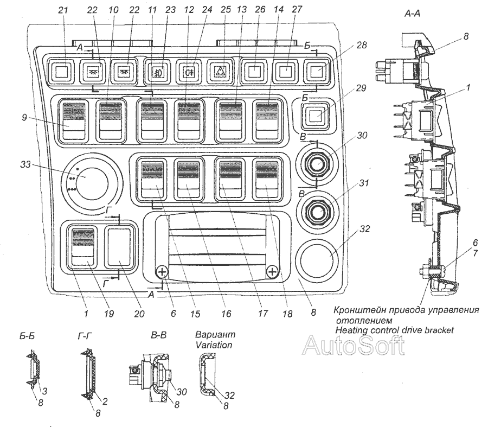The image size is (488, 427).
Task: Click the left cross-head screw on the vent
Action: click(162, 271)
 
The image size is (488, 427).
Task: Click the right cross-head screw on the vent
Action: click(272, 271)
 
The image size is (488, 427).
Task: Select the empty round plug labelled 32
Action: click(315, 256)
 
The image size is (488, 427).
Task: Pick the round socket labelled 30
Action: click(315, 163)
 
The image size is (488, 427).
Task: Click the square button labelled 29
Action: click(314, 116)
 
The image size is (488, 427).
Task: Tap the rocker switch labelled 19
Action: click(82, 247)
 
